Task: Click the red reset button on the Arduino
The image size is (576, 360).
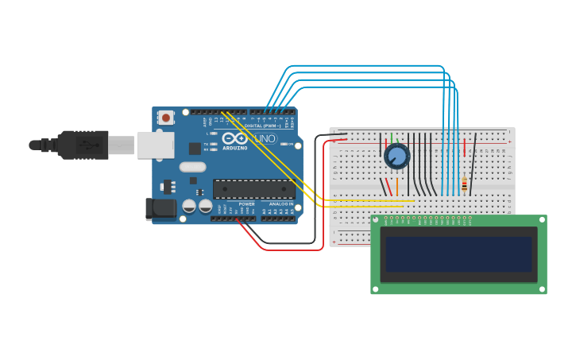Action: click(x=166, y=118)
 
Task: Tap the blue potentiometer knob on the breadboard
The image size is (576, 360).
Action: click(x=396, y=157)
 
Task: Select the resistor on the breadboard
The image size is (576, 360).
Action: click(x=464, y=184)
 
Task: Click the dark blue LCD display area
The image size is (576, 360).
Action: click(x=458, y=254)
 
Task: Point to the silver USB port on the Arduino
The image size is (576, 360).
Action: click(x=155, y=145)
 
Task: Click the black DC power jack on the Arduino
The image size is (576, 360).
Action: click(x=160, y=209)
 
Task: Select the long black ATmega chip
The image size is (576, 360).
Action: click(x=253, y=189)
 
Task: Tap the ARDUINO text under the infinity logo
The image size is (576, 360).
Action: click(x=235, y=148)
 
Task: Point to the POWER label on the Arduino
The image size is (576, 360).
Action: click(x=247, y=204)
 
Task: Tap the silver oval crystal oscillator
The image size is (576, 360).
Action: click(x=192, y=167)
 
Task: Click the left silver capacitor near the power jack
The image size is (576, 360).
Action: click(x=189, y=206)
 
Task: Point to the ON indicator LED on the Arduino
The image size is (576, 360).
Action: click(x=283, y=145)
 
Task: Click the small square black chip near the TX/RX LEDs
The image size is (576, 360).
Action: click(x=194, y=148)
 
